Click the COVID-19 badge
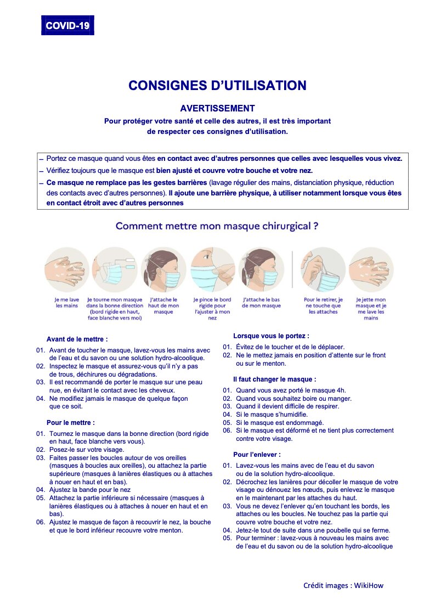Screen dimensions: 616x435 [67, 25]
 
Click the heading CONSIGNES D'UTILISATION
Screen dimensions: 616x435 [217, 86]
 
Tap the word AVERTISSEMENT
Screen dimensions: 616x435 [217, 109]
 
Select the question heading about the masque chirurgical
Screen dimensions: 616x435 [217, 226]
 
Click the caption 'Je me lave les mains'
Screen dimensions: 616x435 [66, 303]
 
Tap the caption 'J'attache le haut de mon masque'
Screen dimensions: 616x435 [163, 306]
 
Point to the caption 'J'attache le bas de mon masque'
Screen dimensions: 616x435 [261, 303]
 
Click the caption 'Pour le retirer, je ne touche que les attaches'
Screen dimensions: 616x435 [323, 306]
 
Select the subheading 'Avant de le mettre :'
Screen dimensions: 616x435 [77, 339]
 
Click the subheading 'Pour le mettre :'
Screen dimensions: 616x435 [71, 423]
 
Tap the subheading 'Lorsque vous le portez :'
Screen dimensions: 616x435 [271, 335]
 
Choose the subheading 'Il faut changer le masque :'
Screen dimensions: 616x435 [274, 379]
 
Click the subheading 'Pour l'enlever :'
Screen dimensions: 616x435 [257, 455]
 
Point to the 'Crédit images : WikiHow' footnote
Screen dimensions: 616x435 [343, 585]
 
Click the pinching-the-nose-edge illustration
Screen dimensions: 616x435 [212, 269]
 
